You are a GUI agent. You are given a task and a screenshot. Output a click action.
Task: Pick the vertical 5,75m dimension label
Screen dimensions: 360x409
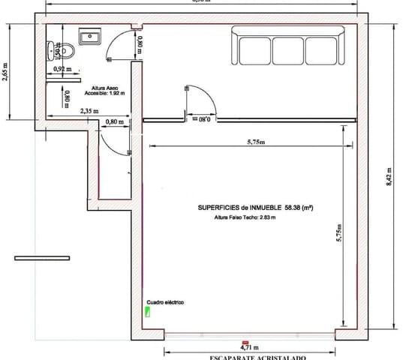click(339, 232)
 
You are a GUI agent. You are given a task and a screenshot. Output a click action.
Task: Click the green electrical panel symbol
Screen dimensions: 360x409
click(148, 312)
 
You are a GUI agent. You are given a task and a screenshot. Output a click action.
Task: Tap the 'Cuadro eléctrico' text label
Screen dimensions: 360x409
click(165, 302)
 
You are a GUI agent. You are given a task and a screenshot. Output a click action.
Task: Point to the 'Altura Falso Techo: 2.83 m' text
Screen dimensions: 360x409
click(245, 217)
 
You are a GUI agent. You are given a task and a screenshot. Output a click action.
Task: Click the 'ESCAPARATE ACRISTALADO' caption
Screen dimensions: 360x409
click(258, 358)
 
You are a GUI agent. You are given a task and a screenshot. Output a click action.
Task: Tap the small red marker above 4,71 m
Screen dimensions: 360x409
click(244, 340)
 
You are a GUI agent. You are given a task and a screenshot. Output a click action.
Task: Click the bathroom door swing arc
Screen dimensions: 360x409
click(119, 46)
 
